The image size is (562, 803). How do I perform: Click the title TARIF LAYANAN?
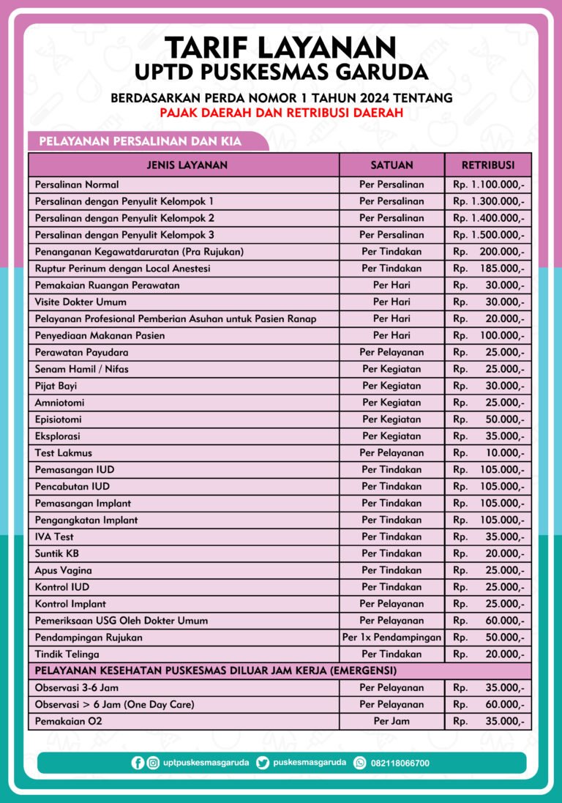pos(281,48)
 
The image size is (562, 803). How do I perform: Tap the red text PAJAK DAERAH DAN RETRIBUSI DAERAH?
pos(281,113)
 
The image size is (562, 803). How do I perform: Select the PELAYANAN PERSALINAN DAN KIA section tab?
pos(140,141)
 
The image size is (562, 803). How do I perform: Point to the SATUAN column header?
pos(391,165)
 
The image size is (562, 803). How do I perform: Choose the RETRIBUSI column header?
pos(488,165)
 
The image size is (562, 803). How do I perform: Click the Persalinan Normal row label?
pos(77,184)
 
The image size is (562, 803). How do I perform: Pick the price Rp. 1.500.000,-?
pos(488,235)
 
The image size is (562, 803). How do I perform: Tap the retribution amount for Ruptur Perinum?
pos(488,269)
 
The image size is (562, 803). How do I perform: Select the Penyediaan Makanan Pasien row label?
pos(100,335)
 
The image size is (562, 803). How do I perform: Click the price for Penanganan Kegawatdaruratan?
pos(488,252)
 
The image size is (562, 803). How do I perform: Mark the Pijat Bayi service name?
pos(56,386)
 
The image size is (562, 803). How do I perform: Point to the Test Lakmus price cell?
pos(488,453)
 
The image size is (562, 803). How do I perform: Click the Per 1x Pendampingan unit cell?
pos(391,638)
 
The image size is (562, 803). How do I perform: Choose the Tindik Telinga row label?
pos(67,654)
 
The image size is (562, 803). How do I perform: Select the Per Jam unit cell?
pos(391,722)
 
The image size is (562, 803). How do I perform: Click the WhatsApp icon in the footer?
pos(360,763)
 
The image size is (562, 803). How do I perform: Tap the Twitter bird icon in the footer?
pos(263,763)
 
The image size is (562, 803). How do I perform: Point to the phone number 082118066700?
pos(400,763)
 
